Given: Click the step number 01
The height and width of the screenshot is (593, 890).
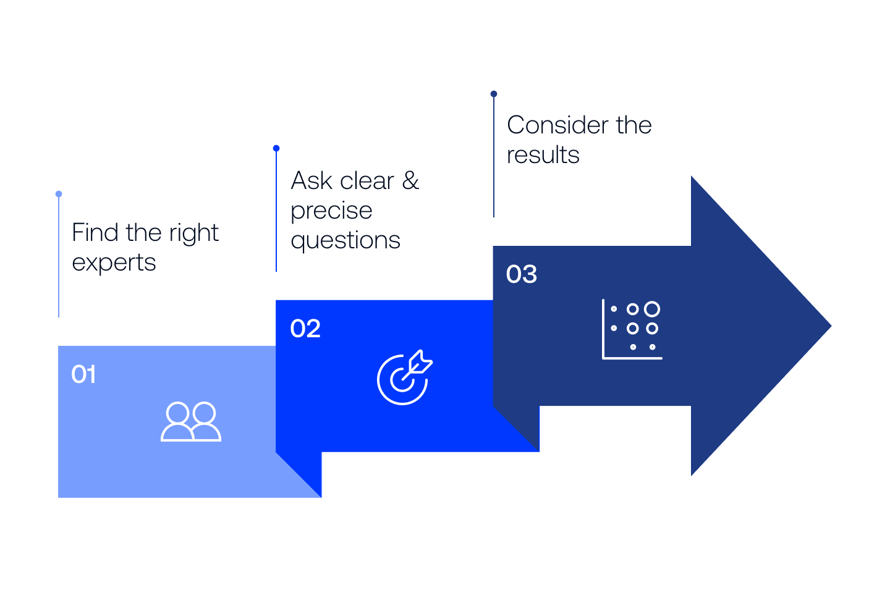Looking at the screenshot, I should point(83,374).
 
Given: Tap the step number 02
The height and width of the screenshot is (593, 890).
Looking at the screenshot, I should point(305,329).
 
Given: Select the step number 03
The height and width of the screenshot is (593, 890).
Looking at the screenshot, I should point(522,274).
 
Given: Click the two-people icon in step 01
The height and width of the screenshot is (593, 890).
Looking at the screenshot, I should point(191,422).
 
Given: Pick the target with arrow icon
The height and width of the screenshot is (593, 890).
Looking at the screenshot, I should point(404,377).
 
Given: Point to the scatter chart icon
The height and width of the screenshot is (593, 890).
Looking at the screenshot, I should point(632,329).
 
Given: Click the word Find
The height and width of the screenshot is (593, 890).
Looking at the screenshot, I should point(95,233).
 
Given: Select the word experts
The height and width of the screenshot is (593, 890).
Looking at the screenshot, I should point(114,263).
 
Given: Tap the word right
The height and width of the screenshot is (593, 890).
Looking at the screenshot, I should point(194,233).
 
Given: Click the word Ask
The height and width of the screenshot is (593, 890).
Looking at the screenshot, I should point(311,181).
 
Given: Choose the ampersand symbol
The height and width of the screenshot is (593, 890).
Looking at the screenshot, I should point(411,181).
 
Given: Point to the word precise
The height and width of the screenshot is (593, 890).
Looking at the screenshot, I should point(331,211).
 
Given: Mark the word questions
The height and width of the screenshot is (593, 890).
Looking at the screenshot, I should point(345,240).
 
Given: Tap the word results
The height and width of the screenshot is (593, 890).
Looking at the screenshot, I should point(543,155).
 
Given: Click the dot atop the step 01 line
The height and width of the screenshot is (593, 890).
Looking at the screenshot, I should point(59,194).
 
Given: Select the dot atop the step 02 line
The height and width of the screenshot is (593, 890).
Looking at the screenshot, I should point(276,148).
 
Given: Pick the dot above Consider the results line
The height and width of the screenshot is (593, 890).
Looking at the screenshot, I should point(494,94).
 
